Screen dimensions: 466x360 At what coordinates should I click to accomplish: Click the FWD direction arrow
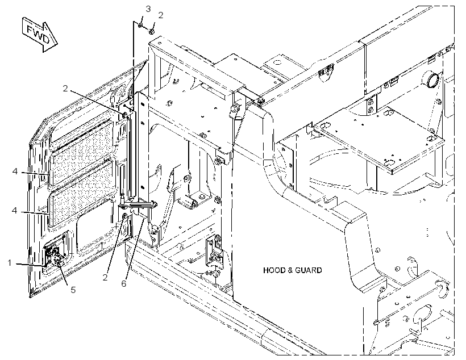coord(40,35)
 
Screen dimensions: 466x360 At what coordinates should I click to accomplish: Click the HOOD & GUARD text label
coord(293,270)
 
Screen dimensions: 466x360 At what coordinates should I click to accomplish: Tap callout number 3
coord(148,9)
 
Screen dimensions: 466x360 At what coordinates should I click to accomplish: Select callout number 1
coord(10,263)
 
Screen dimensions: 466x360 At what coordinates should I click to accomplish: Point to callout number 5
coord(73,290)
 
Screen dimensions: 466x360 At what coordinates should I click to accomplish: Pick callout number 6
coord(124,283)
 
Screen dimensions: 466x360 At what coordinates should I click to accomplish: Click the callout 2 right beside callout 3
coord(160,15)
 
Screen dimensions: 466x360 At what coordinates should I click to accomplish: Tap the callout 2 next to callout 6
coord(105,278)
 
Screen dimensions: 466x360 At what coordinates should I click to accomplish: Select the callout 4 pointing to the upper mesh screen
coord(15,171)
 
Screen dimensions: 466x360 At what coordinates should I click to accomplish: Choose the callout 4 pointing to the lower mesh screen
coord(15,210)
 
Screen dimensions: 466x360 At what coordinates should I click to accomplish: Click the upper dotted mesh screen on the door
coord(82,152)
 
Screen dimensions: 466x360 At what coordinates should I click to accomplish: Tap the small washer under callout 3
coord(140,25)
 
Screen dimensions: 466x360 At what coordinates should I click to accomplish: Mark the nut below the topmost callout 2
coord(151,31)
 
